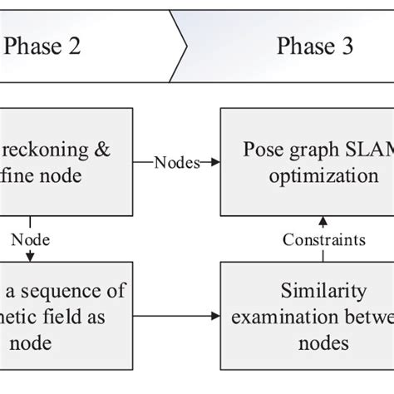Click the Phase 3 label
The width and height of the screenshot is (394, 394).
click(315, 47)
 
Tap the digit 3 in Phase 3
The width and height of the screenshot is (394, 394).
click(347, 47)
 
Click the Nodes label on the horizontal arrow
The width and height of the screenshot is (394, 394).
click(176, 163)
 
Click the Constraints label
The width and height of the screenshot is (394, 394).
click(323, 240)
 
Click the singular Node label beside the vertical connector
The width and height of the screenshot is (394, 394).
click(30, 240)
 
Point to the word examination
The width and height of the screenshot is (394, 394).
click(300, 317)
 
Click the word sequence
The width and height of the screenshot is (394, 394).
click(67, 292)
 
